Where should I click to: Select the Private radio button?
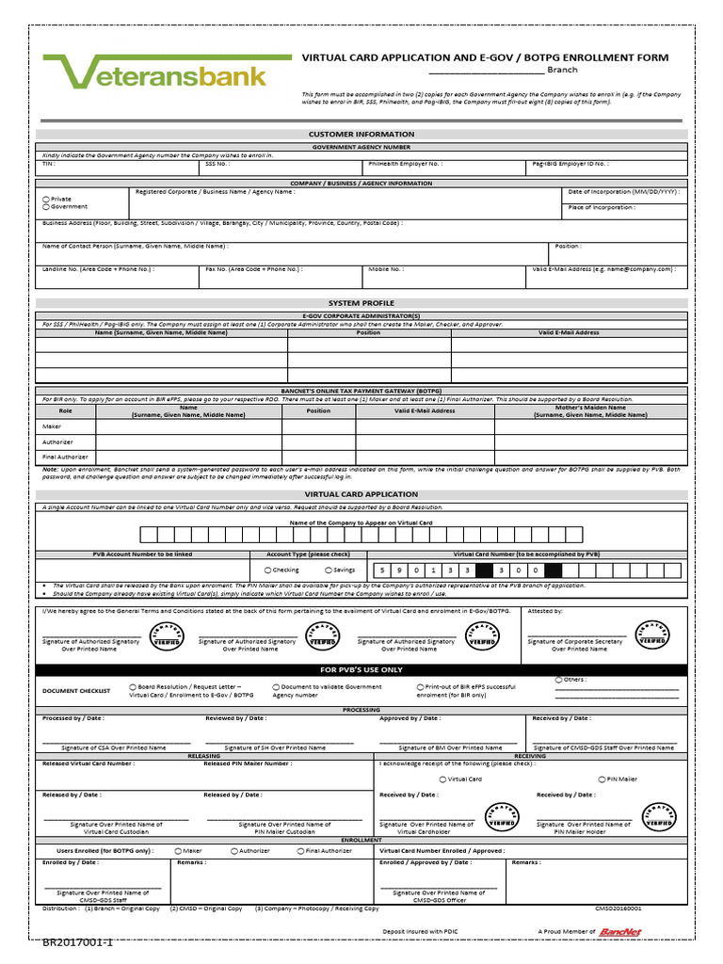point(46,200)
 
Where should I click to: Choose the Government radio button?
point(46,207)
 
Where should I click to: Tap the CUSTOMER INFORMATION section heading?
point(361,135)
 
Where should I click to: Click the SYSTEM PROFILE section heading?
point(361,303)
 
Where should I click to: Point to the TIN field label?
point(49,163)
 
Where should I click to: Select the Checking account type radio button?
point(268,570)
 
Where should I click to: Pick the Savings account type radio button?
point(328,570)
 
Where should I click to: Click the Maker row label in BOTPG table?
point(52,426)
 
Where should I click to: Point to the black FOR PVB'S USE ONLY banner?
point(361,669)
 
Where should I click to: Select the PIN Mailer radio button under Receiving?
point(600,779)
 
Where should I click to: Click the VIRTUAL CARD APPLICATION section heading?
point(361,494)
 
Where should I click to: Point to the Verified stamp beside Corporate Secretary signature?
point(652,634)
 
